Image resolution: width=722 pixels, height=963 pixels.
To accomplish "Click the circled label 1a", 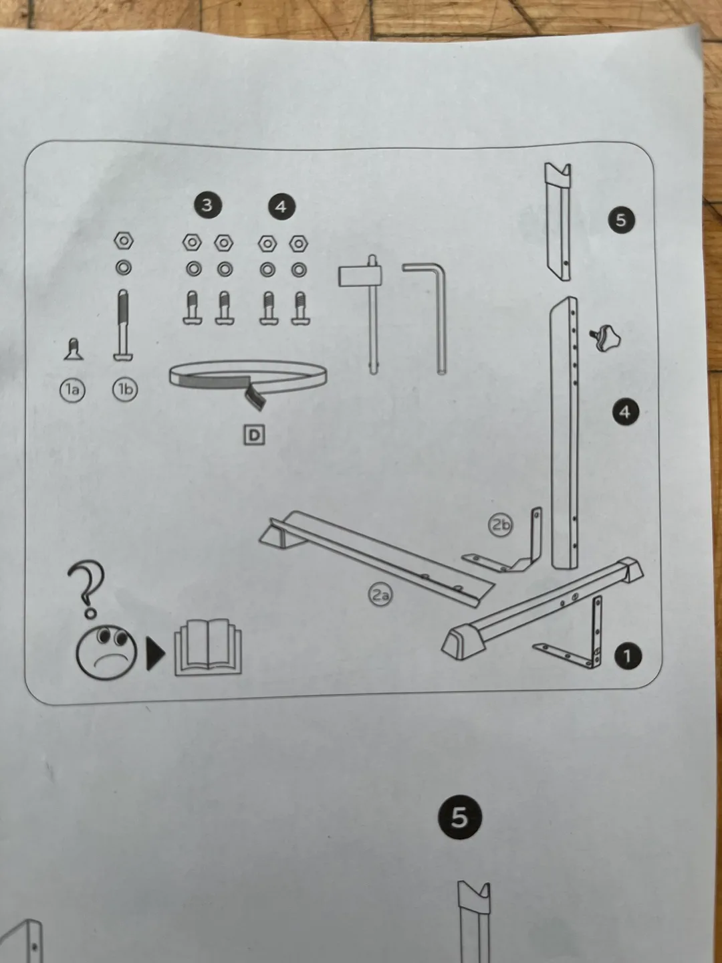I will click(72, 389).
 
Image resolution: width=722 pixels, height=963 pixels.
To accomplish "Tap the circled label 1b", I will click(125, 389).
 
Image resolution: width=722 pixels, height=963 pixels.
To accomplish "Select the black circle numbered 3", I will click(207, 205).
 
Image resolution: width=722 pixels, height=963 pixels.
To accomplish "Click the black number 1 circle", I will click(626, 656).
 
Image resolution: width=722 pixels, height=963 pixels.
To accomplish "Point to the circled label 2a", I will click(380, 594).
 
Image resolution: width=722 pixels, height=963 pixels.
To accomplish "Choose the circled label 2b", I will click(501, 525).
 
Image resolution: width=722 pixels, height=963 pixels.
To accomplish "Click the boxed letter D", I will click(254, 435).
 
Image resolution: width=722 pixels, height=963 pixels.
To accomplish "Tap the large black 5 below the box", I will click(459, 817).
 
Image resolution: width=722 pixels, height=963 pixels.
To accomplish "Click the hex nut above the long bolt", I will click(124, 241).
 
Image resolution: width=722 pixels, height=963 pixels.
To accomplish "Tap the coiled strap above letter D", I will click(247, 378).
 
